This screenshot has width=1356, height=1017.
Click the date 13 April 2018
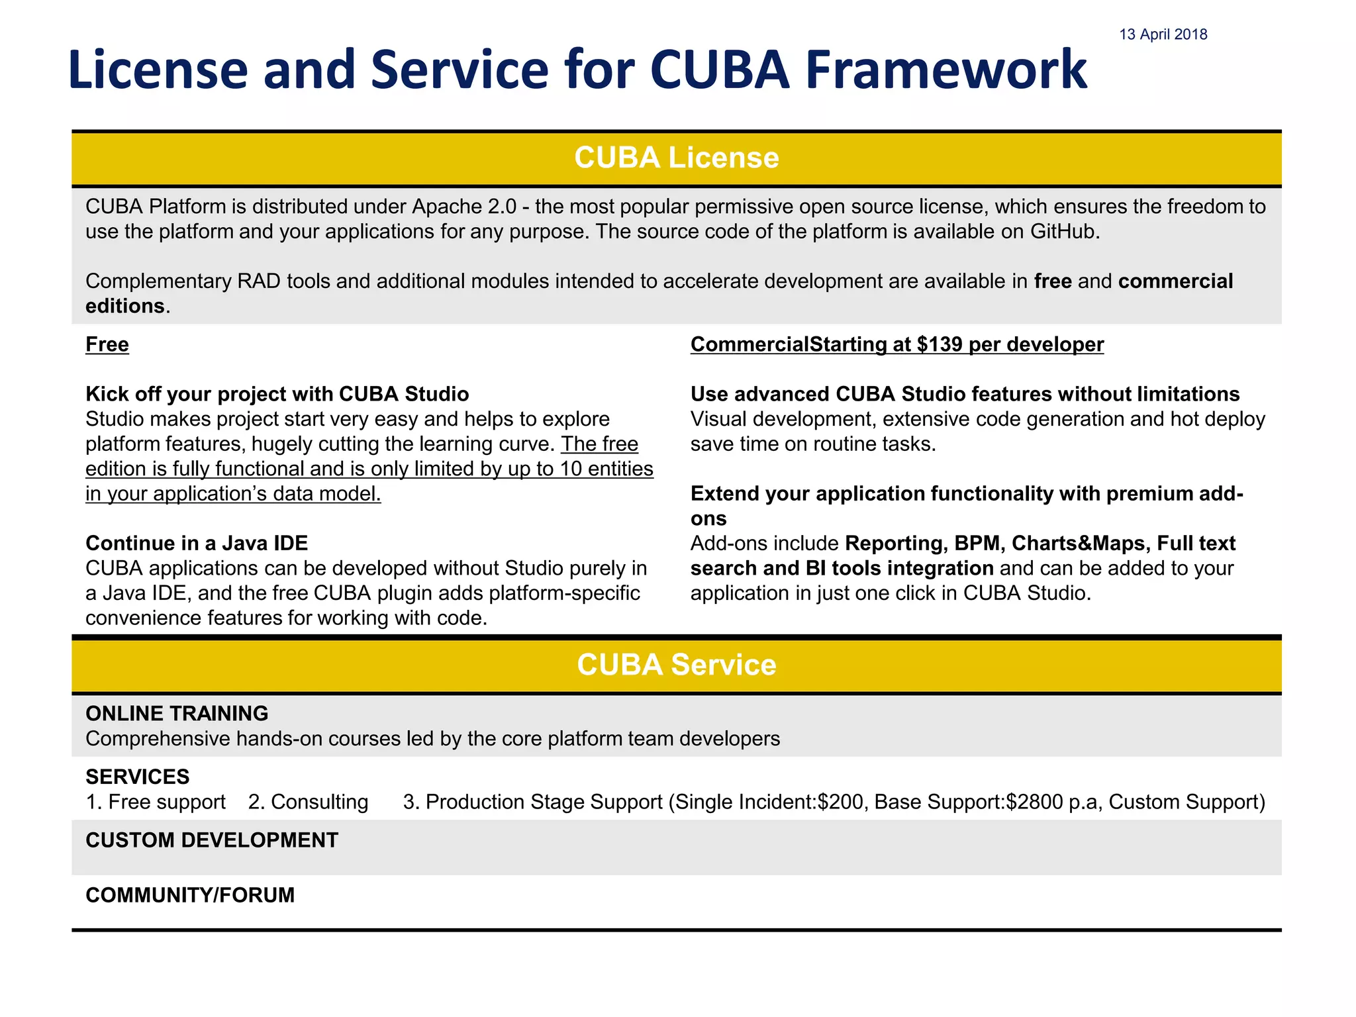pyautogui.click(x=1163, y=34)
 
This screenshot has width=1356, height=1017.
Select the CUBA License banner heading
pyautogui.click(x=676, y=158)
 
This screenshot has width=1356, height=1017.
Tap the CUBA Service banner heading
pyautogui.click(x=676, y=665)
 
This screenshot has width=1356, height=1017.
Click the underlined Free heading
pyautogui.click(x=107, y=344)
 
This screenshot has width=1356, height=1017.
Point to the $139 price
pyautogui.click(x=940, y=344)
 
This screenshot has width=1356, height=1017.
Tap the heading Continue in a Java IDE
pyautogui.click(x=197, y=543)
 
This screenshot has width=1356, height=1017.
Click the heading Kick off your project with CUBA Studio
pyautogui.click(x=277, y=394)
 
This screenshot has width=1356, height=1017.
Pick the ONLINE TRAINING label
pyautogui.click(x=177, y=713)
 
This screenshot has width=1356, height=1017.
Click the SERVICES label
pyautogui.click(x=138, y=777)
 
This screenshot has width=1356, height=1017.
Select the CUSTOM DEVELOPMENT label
pyautogui.click(x=212, y=840)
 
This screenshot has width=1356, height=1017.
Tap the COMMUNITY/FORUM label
pyautogui.click(x=190, y=895)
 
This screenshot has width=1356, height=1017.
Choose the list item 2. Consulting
pyautogui.click(x=308, y=802)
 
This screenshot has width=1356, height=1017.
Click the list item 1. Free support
pyautogui.click(x=156, y=802)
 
